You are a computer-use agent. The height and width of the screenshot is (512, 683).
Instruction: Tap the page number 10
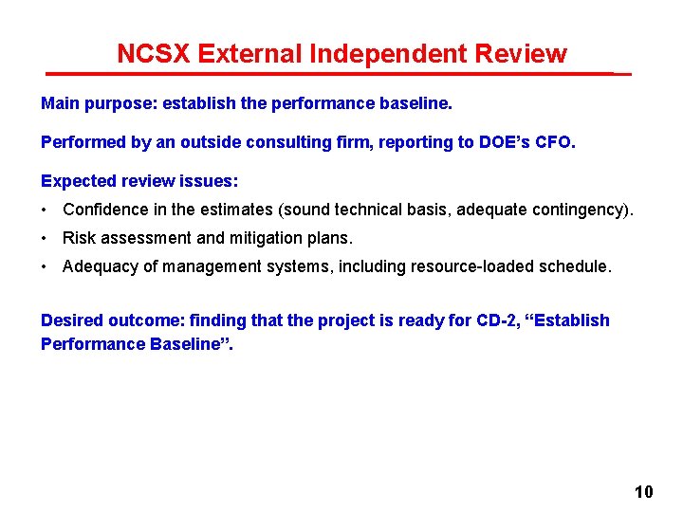(643, 492)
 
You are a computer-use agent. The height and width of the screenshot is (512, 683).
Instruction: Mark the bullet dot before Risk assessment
(45, 239)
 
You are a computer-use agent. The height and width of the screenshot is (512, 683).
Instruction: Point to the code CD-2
(498, 320)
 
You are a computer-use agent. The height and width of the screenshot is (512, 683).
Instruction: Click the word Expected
(77, 180)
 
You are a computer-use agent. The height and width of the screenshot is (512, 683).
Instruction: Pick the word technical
(389, 210)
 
